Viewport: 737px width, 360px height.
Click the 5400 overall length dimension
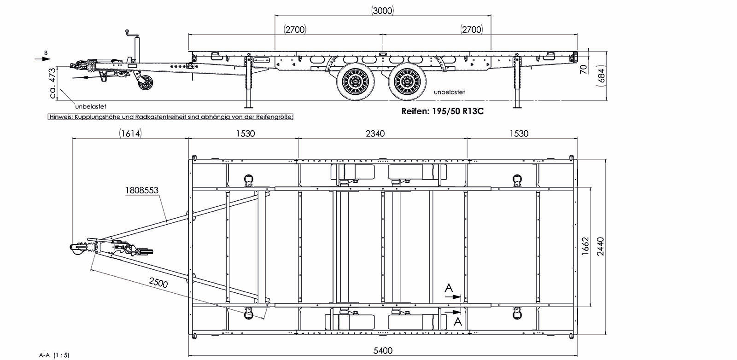[383, 351]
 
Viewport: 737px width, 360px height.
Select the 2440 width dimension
[600, 246]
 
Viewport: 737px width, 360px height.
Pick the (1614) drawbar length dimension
[130, 134]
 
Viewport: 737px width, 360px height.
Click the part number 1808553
[141, 190]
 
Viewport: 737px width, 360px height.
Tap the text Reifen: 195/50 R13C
[442, 111]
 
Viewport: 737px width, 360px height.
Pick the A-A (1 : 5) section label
[54, 355]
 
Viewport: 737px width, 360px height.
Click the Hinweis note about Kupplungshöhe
[170, 117]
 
